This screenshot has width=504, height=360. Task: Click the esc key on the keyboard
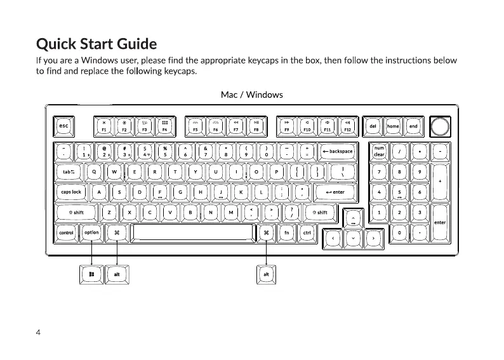63,126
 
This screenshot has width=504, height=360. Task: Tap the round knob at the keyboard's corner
439,126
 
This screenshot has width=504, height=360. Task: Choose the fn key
287,233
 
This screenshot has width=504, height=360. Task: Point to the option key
91,233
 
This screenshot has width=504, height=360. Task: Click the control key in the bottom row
66,233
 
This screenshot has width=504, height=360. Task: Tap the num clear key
379,152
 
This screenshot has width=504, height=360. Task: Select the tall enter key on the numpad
439,223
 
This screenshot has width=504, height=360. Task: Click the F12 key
347,126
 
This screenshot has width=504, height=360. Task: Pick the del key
373,126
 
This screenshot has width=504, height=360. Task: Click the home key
393,126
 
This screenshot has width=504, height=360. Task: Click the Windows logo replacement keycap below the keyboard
92,274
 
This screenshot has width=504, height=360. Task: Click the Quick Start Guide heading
96,44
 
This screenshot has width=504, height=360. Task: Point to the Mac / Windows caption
251,95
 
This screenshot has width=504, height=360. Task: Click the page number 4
39,332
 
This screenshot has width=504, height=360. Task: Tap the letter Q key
94,172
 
